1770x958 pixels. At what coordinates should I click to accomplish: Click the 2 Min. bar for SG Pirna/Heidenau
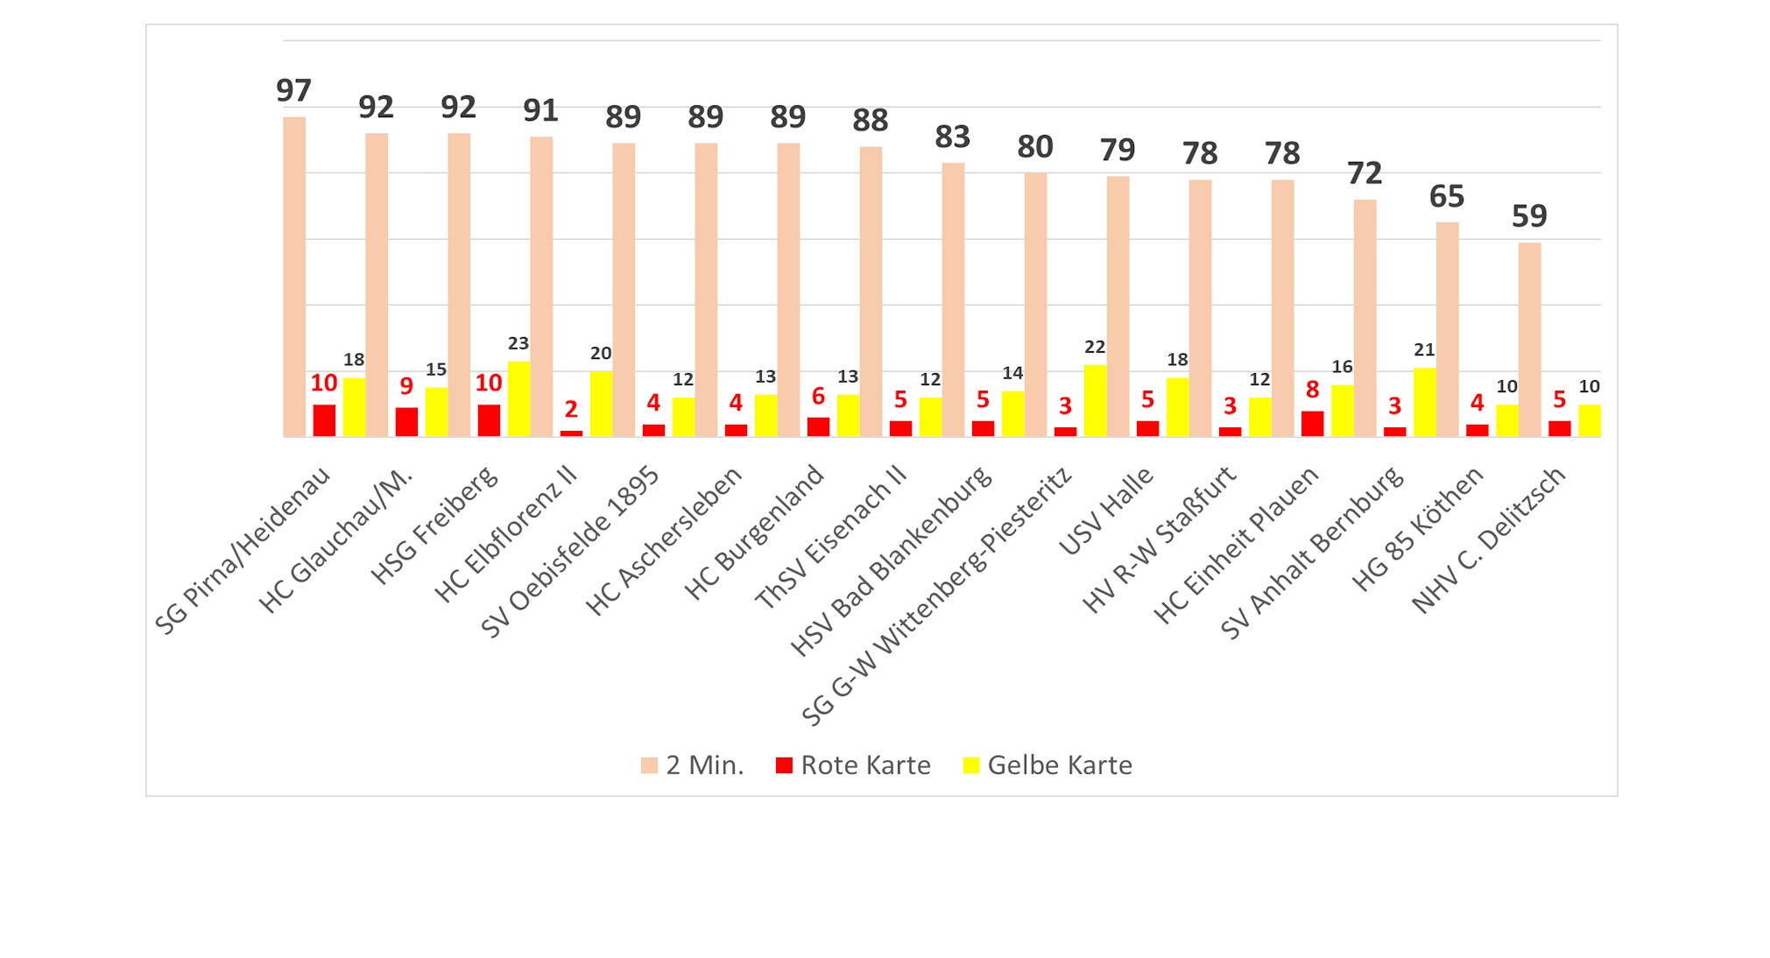(294, 277)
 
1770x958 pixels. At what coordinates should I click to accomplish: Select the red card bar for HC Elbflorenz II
(571, 433)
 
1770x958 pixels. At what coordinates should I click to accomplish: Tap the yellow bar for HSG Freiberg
(518, 398)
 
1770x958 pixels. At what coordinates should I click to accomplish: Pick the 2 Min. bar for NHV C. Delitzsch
(1529, 339)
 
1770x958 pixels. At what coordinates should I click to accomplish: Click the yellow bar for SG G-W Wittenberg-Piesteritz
(1095, 400)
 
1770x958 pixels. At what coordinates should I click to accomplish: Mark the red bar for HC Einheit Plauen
(1312, 423)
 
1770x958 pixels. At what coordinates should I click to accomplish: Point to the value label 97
(293, 90)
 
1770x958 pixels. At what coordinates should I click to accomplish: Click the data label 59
(1529, 215)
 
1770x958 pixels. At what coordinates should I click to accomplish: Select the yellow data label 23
(518, 343)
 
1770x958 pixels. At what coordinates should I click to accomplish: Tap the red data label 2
(571, 409)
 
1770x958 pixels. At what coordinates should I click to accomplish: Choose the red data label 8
(1312, 390)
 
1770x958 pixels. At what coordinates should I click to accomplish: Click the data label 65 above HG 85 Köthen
(1447, 196)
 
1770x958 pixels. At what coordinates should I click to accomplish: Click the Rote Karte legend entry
(853, 765)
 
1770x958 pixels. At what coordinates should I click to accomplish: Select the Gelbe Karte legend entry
(1047, 765)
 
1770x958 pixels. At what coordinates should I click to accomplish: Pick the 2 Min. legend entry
(692, 765)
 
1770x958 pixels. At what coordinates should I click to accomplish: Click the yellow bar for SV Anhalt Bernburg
(1424, 402)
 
